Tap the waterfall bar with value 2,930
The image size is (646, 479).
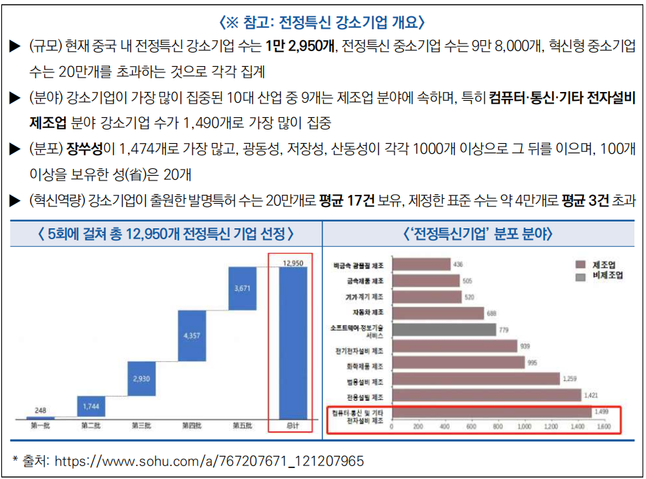(x=141, y=378)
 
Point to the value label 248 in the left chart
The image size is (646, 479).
(x=40, y=410)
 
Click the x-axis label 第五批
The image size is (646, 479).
(x=242, y=427)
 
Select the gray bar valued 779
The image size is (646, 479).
(x=444, y=330)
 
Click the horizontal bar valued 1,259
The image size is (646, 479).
(x=475, y=379)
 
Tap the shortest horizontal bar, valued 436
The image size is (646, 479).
(x=421, y=264)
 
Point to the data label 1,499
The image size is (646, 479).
(x=601, y=412)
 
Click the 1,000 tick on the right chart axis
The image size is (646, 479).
(x=524, y=427)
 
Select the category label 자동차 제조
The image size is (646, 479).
(x=367, y=313)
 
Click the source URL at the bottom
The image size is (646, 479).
(x=209, y=461)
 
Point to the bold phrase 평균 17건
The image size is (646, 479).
(x=347, y=200)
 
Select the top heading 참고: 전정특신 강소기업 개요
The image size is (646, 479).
(x=323, y=22)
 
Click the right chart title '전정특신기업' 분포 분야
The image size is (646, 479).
(x=478, y=234)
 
